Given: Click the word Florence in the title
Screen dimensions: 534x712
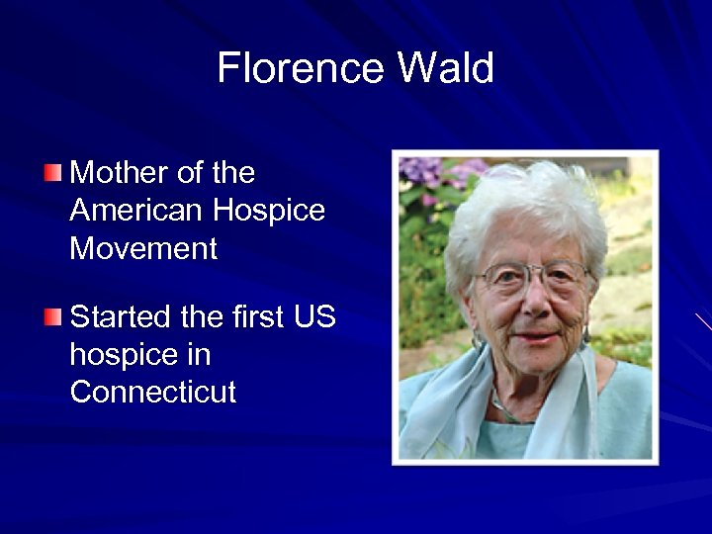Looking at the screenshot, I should pyautogui.click(x=298, y=69).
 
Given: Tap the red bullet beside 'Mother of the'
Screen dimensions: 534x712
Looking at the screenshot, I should pyautogui.click(x=52, y=175).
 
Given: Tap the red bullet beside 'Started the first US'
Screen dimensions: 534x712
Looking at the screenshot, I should pyautogui.click(x=52, y=317).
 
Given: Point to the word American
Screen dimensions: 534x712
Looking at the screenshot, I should pyautogui.click(x=133, y=211).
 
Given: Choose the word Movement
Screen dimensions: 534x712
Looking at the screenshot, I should pyautogui.click(x=143, y=248).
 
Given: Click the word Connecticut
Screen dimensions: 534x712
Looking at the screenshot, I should pyautogui.click(x=153, y=392).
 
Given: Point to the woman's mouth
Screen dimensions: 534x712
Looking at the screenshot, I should pyautogui.click(x=537, y=336).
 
